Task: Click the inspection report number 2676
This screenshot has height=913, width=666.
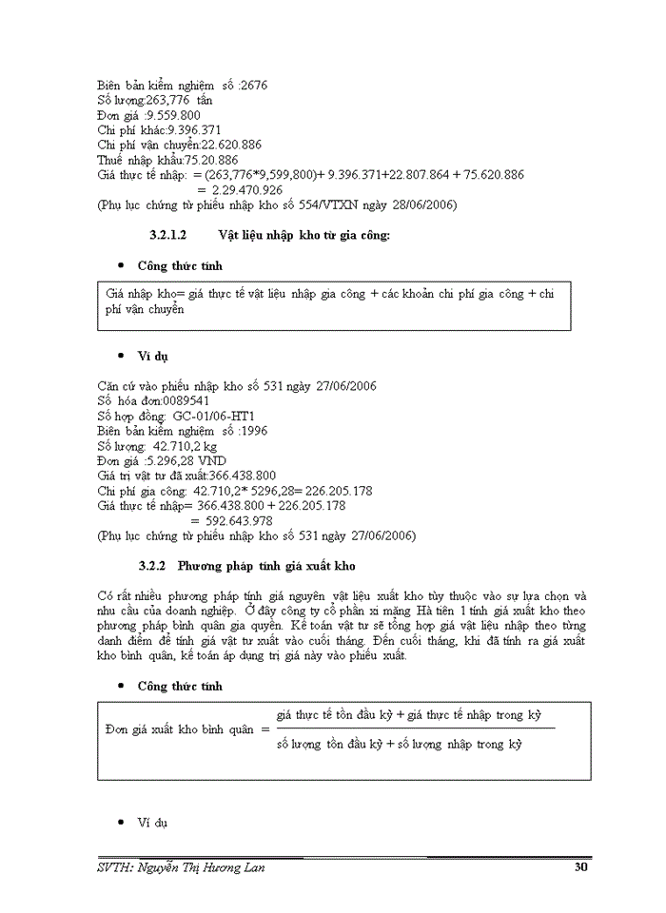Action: coord(254,85)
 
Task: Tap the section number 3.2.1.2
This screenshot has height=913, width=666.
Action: coord(168,235)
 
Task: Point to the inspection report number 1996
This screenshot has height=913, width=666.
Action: coord(254,431)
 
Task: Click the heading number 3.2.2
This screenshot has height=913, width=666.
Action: coord(152,566)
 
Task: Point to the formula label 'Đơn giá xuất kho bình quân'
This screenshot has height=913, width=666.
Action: coord(180,729)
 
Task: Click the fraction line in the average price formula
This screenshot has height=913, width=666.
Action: coord(415,729)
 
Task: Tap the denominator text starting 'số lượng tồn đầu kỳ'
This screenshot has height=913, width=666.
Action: coord(400,745)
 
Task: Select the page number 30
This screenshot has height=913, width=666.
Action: coord(581,866)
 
